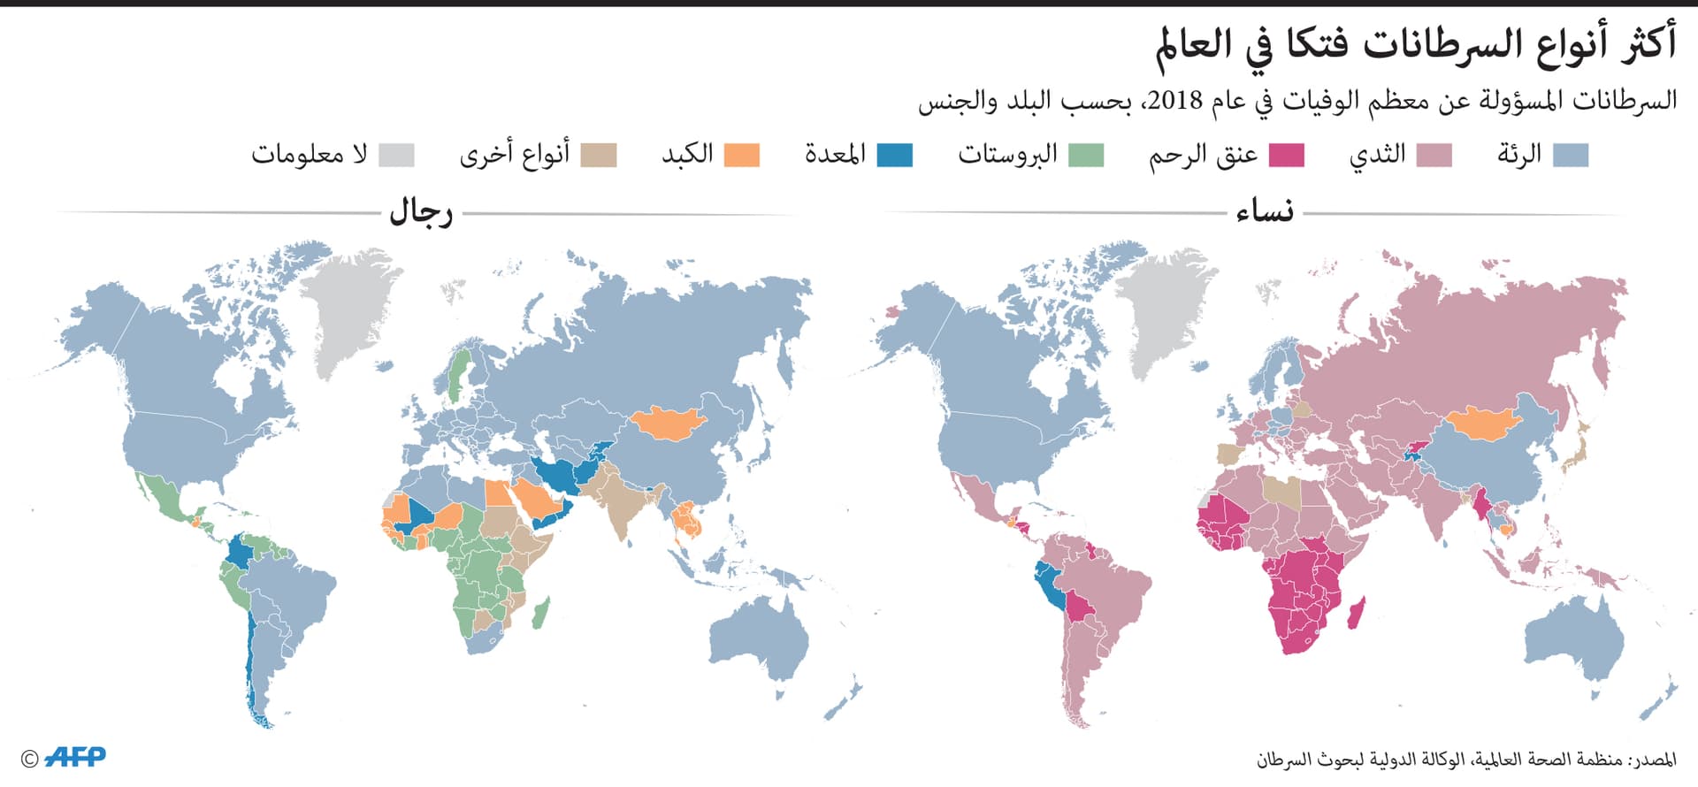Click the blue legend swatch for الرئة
coord(1571,156)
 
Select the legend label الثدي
coord(1377,155)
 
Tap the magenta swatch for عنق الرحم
coord(1287,156)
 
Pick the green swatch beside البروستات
coord(1086,156)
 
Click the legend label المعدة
coord(834,155)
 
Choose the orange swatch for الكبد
coord(742,156)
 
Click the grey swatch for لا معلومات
coord(396,156)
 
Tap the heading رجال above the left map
coord(421,213)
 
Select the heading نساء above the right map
coord(1265,213)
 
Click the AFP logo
coord(75,757)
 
